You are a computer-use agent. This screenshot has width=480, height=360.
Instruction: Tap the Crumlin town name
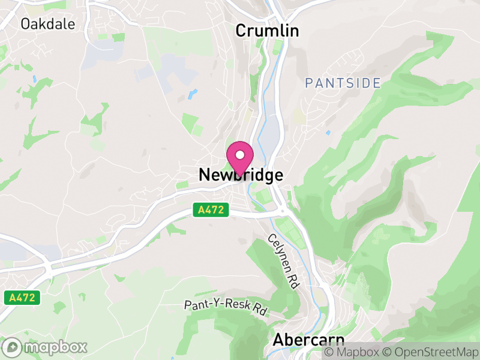(x=267, y=31)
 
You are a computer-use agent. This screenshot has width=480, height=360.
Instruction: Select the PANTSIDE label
(x=343, y=83)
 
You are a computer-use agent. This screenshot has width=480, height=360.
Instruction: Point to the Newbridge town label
(x=240, y=175)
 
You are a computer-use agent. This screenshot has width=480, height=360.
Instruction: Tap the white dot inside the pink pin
(x=240, y=155)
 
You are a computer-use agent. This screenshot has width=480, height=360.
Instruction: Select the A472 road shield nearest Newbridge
(x=212, y=210)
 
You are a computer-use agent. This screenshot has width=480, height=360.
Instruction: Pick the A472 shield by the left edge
(x=23, y=297)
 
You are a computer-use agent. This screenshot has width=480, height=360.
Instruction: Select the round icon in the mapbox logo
(x=13, y=347)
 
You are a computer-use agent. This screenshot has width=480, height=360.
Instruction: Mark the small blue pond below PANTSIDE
(x=328, y=133)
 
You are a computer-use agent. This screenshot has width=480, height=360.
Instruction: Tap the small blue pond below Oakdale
(x=35, y=78)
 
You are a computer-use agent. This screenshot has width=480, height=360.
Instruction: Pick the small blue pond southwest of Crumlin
(x=192, y=94)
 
